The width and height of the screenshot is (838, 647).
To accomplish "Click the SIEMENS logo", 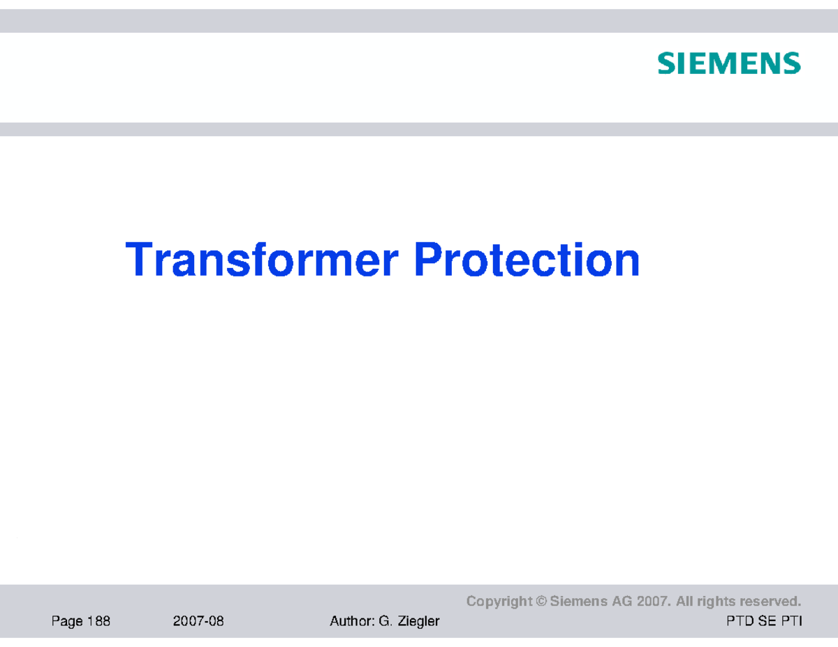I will click(728, 64).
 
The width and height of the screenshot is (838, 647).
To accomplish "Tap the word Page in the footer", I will click(66, 621).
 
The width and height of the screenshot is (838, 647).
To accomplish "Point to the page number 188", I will click(98, 621).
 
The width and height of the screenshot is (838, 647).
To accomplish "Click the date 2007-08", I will click(198, 621).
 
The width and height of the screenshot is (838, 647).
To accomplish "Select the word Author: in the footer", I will click(351, 621).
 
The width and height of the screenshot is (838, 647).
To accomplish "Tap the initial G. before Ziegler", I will click(385, 621).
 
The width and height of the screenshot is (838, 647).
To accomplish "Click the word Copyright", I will click(499, 602).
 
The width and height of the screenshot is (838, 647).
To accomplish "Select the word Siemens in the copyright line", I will click(579, 602).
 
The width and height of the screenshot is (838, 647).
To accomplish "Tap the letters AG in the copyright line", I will click(623, 602).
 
